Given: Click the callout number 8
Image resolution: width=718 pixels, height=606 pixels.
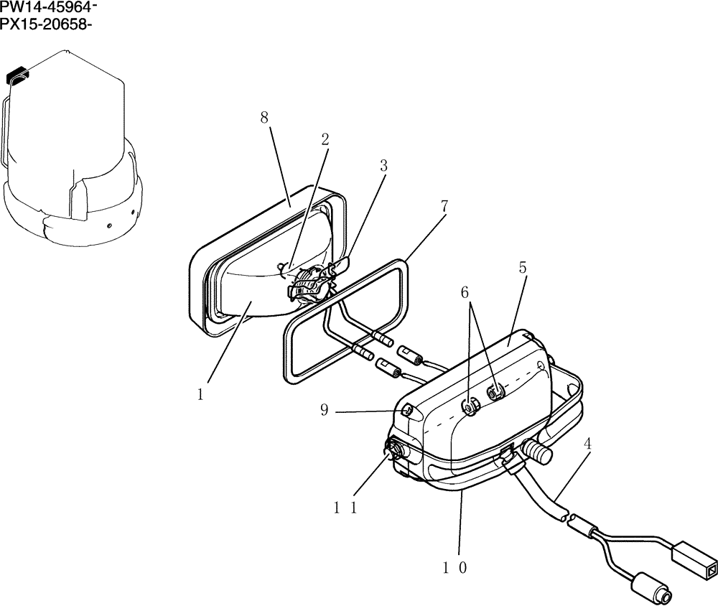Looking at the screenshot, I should [x=264, y=118].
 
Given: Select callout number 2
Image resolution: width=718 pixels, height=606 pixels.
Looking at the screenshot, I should [x=325, y=139].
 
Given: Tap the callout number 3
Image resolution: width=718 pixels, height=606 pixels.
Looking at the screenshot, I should [x=383, y=165].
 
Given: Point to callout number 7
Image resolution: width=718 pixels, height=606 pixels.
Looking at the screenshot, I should [x=444, y=206].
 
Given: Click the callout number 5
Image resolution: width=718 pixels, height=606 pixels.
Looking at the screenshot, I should [x=523, y=268].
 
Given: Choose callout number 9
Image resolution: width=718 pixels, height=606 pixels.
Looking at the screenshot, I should [x=324, y=411].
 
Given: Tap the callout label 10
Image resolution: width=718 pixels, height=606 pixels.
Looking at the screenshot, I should [x=455, y=567].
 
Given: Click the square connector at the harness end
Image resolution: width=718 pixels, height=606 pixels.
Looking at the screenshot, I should [x=692, y=560].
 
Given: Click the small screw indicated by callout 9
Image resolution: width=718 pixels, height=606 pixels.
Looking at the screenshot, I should [x=406, y=411].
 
